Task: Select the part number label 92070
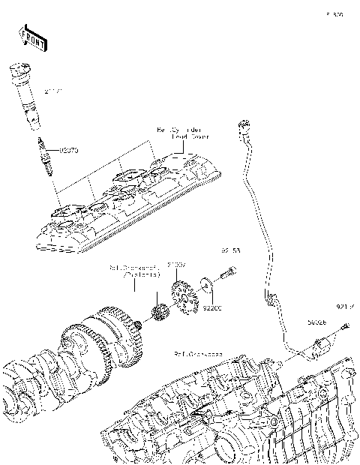[x=67, y=150]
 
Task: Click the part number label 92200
[x=214, y=307]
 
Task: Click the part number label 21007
[x=176, y=265]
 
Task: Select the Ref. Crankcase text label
[x=198, y=353]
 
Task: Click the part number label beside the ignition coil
[x=52, y=91]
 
